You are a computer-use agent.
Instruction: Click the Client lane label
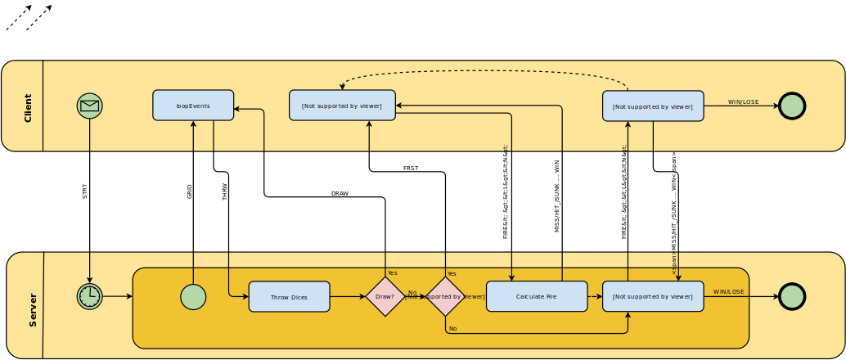tap(28, 107)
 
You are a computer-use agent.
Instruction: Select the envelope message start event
tap(90, 106)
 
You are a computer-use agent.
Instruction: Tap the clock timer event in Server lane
tap(90, 296)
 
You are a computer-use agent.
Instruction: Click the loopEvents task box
tap(193, 106)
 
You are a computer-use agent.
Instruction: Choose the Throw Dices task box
tap(289, 297)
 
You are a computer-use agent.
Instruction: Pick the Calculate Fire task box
tap(537, 296)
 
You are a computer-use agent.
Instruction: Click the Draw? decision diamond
tap(385, 296)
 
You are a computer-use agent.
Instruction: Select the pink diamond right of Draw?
tap(446, 296)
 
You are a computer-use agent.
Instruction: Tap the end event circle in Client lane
tap(792, 106)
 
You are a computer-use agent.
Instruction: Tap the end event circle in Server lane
tap(792, 296)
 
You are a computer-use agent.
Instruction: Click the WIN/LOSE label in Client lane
tap(743, 102)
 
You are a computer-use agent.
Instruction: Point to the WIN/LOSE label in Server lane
tap(728, 291)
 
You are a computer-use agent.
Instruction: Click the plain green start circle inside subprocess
tap(193, 297)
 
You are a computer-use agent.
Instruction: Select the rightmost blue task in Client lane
tap(653, 106)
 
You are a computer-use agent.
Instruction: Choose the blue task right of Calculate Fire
tap(653, 296)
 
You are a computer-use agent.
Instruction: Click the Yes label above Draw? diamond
tap(392, 273)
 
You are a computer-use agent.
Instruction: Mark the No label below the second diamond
tap(452, 328)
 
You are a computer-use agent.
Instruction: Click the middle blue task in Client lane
tap(342, 106)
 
